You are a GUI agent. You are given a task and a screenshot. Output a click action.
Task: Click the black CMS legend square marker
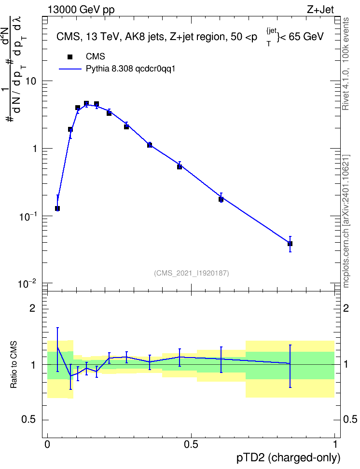[70, 57]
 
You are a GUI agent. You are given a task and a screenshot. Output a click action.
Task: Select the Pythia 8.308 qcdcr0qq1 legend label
[130, 69]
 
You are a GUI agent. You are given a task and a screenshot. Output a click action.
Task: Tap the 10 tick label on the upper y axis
[31, 81]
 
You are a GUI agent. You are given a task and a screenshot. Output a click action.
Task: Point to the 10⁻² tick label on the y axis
[27, 283]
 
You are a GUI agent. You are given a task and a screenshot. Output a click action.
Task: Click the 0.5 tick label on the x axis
[191, 444]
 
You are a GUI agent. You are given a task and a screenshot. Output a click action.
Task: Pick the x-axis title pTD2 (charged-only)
[289, 458]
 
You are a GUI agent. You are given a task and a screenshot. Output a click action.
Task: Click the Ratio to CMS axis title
[14, 365]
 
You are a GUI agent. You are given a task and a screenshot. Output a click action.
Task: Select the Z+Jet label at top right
[320, 10]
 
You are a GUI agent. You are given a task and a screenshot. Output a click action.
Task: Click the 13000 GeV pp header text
[81, 10]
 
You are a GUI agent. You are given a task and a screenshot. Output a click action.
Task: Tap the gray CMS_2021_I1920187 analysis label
[192, 273]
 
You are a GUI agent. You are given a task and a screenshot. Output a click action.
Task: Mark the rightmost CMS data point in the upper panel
[290, 244]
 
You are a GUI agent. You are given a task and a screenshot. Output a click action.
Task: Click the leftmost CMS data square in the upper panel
[57, 208]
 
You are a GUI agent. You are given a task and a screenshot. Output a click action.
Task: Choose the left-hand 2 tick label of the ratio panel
[32, 308]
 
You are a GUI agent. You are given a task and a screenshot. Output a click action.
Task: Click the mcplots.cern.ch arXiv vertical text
[346, 221]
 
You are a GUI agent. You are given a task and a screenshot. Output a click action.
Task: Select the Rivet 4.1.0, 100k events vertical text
[346, 64]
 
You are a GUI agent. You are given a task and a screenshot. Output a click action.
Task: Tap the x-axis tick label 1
[335, 444]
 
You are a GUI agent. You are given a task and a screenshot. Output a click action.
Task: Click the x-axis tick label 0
[47, 444]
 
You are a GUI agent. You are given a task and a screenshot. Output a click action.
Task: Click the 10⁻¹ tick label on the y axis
[27, 216]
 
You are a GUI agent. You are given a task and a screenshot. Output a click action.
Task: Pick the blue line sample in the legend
[70, 69]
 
